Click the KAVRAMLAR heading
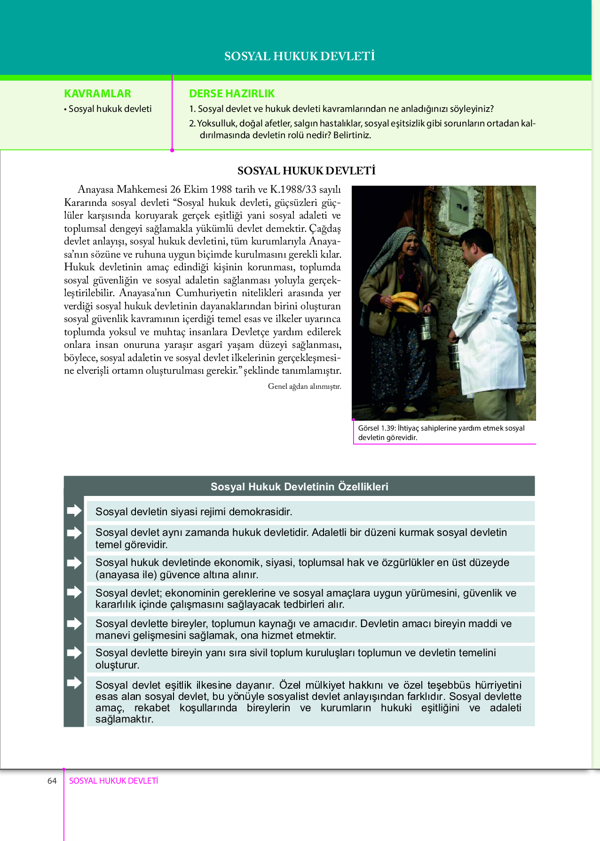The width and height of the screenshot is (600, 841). (x=97, y=94)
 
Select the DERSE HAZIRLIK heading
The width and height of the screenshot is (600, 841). (x=231, y=94)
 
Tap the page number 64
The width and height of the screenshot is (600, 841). (x=52, y=781)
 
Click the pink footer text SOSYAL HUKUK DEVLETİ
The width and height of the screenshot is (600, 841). (x=113, y=781)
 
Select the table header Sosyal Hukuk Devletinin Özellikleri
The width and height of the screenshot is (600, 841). (x=299, y=487)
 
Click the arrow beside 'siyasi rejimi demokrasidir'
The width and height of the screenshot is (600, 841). (x=74, y=511)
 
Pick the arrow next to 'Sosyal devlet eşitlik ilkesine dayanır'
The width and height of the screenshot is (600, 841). (x=74, y=683)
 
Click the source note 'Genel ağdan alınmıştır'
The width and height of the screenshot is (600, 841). (x=304, y=386)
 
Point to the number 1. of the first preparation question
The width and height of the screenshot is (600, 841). (x=192, y=109)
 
